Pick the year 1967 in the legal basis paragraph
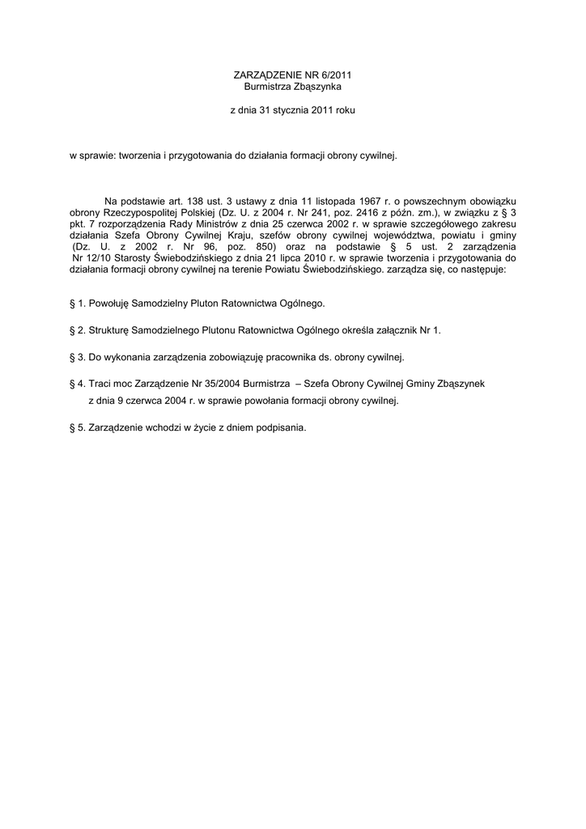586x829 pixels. (x=365, y=200)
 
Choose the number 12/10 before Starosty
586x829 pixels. (x=101, y=257)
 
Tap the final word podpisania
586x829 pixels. (x=279, y=427)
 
